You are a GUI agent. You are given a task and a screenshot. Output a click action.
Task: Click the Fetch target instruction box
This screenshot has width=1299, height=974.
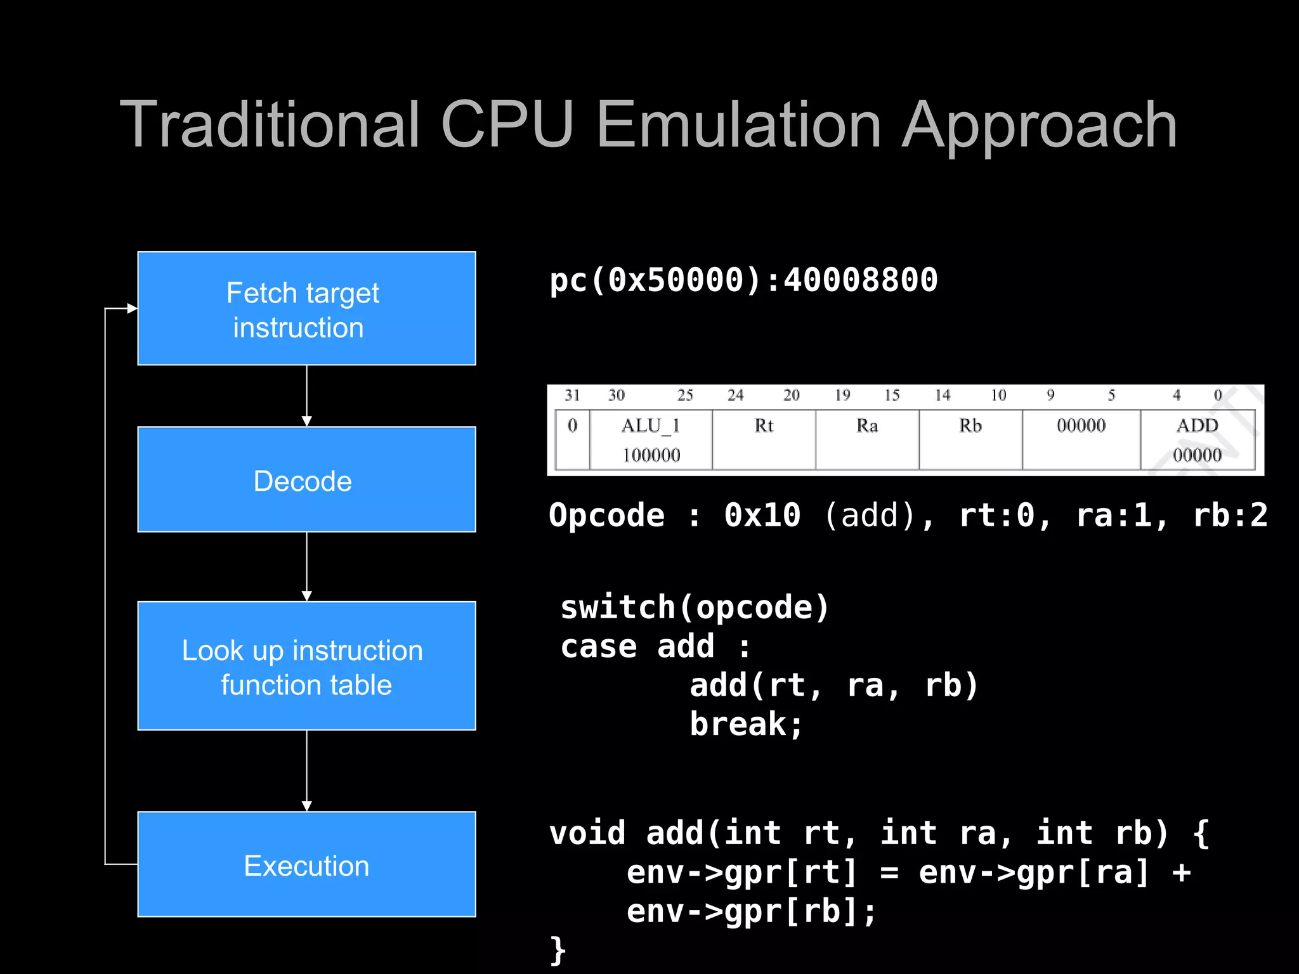click(x=306, y=308)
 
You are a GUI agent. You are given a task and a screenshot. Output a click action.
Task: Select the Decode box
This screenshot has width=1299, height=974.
click(x=306, y=479)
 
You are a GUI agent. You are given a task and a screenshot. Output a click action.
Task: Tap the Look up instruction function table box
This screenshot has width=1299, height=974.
click(x=306, y=666)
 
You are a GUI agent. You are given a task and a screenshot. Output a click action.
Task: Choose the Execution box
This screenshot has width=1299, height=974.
click(x=306, y=864)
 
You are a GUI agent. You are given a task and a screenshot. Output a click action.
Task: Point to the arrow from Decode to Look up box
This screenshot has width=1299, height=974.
click(x=307, y=566)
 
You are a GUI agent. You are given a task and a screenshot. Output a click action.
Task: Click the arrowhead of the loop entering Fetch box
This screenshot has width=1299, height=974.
click(x=132, y=308)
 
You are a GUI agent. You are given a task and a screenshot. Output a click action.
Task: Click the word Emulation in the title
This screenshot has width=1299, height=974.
click(x=739, y=126)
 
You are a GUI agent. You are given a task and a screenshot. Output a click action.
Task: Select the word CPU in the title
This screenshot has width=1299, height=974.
click(x=507, y=126)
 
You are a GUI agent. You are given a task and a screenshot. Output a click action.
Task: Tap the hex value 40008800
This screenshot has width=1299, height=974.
click(x=861, y=280)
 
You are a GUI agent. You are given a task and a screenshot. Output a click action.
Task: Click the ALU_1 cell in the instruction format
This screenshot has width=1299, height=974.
click(x=651, y=439)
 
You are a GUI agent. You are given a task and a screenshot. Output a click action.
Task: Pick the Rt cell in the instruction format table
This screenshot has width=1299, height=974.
click(x=764, y=439)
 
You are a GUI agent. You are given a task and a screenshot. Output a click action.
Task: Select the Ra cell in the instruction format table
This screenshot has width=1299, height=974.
click(x=867, y=439)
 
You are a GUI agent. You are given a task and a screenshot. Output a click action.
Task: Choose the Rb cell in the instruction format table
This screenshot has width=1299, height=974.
click(x=970, y=439)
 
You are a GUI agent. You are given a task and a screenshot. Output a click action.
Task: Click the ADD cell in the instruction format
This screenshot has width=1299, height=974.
click(x=1197, y=439)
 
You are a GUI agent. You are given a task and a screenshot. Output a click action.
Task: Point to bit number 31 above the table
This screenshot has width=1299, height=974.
click(x=572, y=396)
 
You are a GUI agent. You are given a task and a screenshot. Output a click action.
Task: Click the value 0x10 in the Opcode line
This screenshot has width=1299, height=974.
click(x=762, y=515)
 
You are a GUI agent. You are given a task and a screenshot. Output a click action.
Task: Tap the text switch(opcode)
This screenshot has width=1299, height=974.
click(x=695, y=607)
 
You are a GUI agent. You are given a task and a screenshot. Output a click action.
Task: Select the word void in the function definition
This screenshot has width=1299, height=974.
click(x=587, y=833)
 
